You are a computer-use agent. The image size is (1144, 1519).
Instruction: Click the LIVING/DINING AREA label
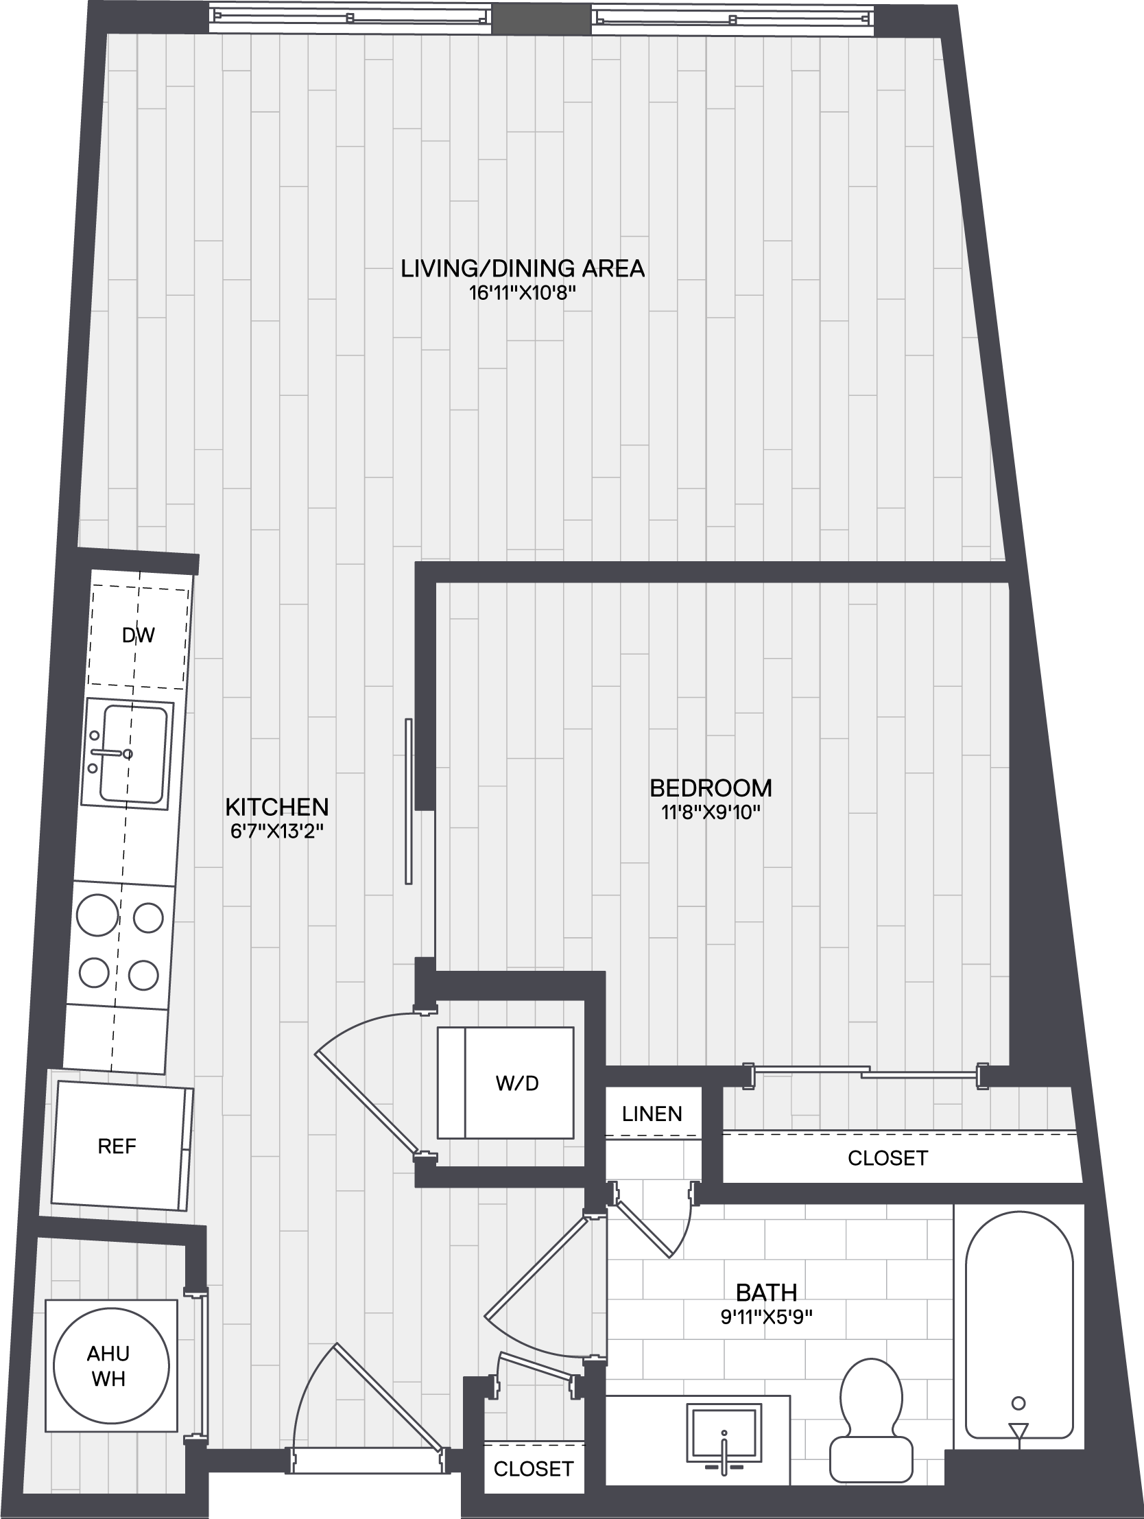pyautogui.click(x=523, y=268)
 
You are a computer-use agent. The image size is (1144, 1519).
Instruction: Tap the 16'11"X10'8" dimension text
pyautogui.click(x=522, y=293)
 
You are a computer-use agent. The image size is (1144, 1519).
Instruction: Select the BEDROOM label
pyautogui.click(x=711, y=788)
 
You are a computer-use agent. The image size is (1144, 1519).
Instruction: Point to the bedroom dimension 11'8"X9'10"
pyautogui.click(x=711, y=813)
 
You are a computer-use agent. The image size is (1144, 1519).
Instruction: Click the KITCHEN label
pyautogui.click(x=276, y=806)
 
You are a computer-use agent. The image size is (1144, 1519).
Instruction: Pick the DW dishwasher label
pyautogui.click(x=138, y=635)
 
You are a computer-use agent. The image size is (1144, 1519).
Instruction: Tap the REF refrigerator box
pyautogui.click(x=122, y=1146)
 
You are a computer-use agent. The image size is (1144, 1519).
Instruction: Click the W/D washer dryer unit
pyautogui.click(x=505, y=1083)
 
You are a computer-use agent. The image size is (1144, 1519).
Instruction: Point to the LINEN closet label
pyautogui.click(x=652, y=1114)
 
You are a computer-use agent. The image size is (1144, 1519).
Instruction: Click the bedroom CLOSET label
pyautogui.click(x=887, y=1158)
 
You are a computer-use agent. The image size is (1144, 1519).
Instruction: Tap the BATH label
pyautogui.click(x=766, y=1293)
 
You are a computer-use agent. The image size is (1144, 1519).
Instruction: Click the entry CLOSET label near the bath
pyautogui.click(x=534, y=1468)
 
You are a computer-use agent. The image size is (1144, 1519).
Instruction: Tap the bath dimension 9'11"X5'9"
pyautogui.click(x=766, y=1318)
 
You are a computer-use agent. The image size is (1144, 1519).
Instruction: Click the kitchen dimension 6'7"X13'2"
pyautogui.click(x=276, y=832)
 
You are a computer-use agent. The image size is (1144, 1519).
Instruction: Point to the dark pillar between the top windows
pyautogui.click(x=542, y=19)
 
